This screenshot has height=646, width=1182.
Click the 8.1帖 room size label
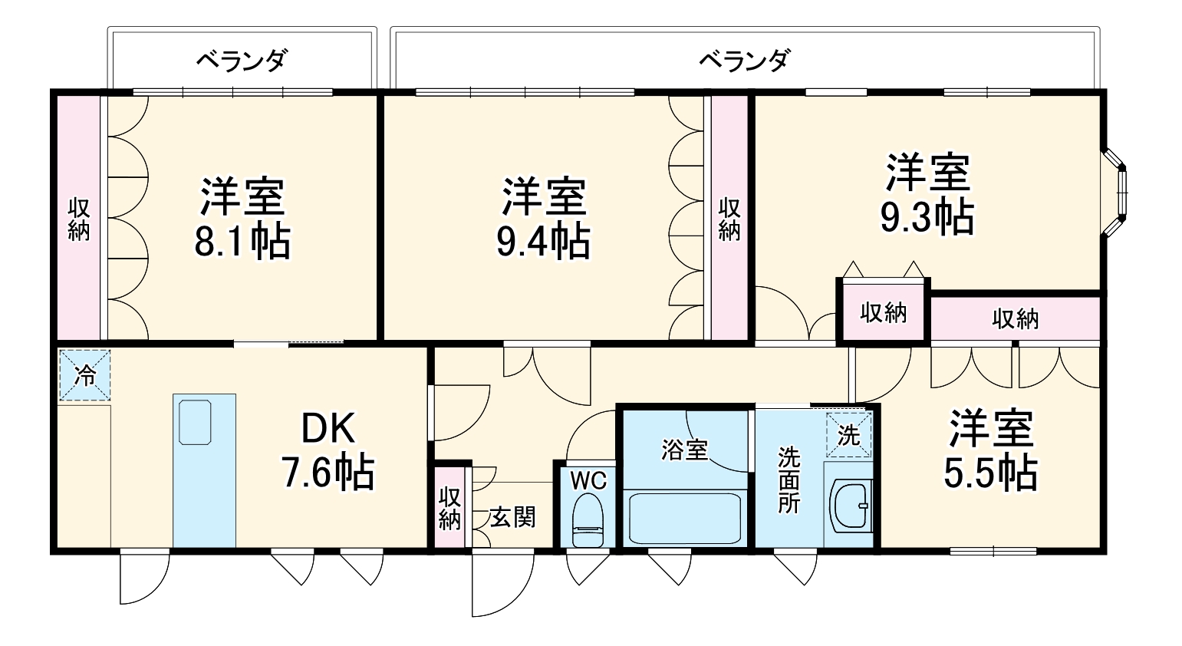[242, 241]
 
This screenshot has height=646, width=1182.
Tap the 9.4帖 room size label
[543, 241]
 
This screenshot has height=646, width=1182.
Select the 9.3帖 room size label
[927, 217]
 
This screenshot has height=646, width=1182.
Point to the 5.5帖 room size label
[990, 473]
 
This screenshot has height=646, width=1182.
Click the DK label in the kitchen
[328, 429]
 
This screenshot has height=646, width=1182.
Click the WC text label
[588, 481]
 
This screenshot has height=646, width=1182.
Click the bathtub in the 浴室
[684, 518]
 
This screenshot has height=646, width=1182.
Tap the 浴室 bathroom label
[684, 450]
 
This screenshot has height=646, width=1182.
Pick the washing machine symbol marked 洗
[849, 435]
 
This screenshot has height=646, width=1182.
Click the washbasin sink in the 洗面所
[849, 506]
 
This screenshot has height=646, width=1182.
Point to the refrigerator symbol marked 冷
[85, 375]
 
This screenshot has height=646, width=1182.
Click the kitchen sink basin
[195, 420]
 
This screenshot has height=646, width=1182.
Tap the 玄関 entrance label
[512, 518]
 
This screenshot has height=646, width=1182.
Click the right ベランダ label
[744, 60]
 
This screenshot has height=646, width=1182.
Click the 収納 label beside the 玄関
[449, 508]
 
